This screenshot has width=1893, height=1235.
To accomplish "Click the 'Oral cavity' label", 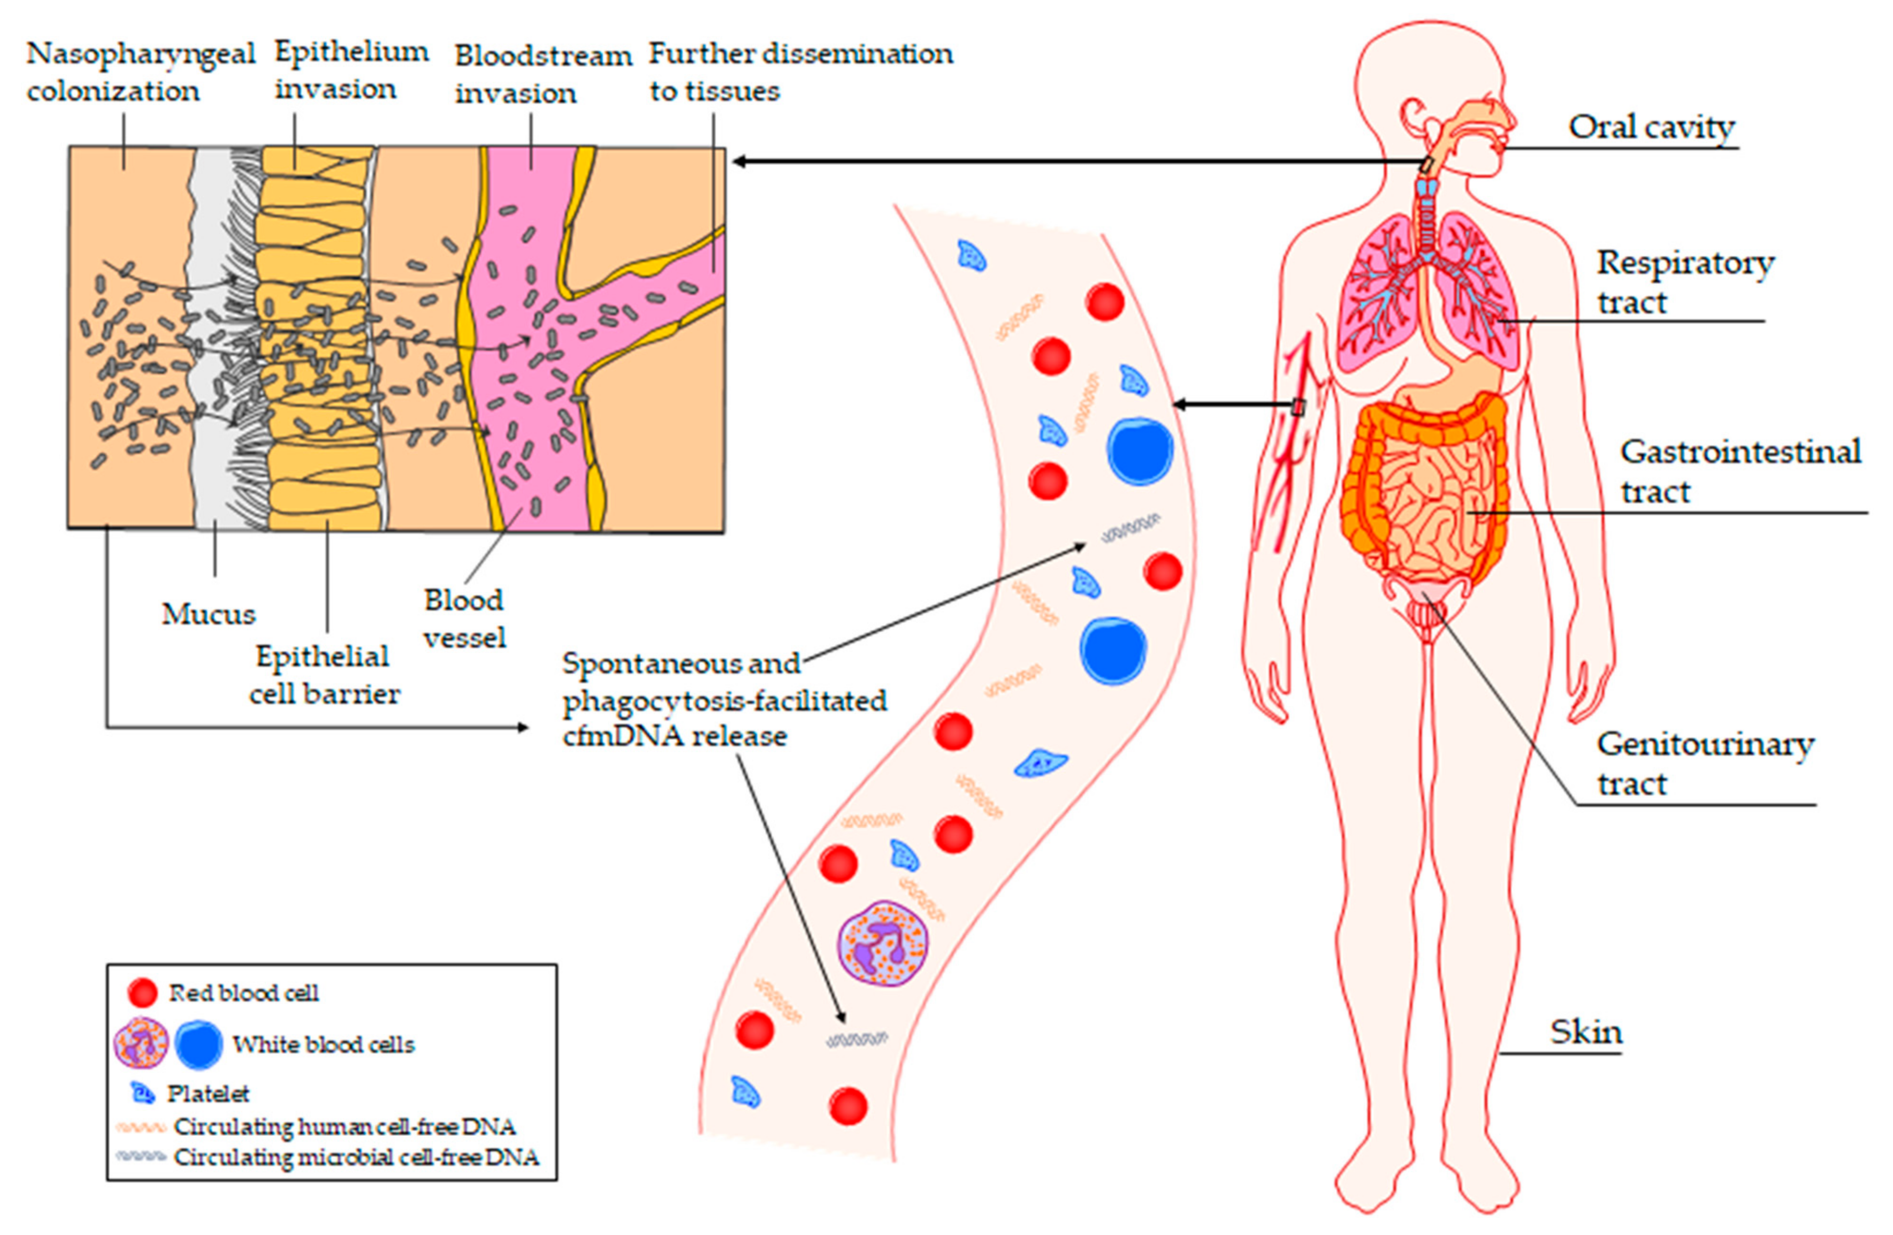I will [1650, 127].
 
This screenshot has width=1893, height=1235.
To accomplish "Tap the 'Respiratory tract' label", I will [1685, 283].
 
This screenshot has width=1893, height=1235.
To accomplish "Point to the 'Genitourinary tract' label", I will [1704, 763].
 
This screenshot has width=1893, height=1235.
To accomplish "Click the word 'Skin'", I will [1585, 1032].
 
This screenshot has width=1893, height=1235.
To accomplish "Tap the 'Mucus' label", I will [208, 614].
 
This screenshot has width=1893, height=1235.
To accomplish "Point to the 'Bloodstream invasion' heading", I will [542, 74].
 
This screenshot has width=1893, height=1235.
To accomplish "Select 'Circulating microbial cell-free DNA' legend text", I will [356, 1157].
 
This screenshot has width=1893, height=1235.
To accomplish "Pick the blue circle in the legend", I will [198, 1044].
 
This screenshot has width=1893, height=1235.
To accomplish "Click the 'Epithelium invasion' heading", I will [351, 70].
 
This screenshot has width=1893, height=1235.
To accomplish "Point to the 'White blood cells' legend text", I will [323, 1044].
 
